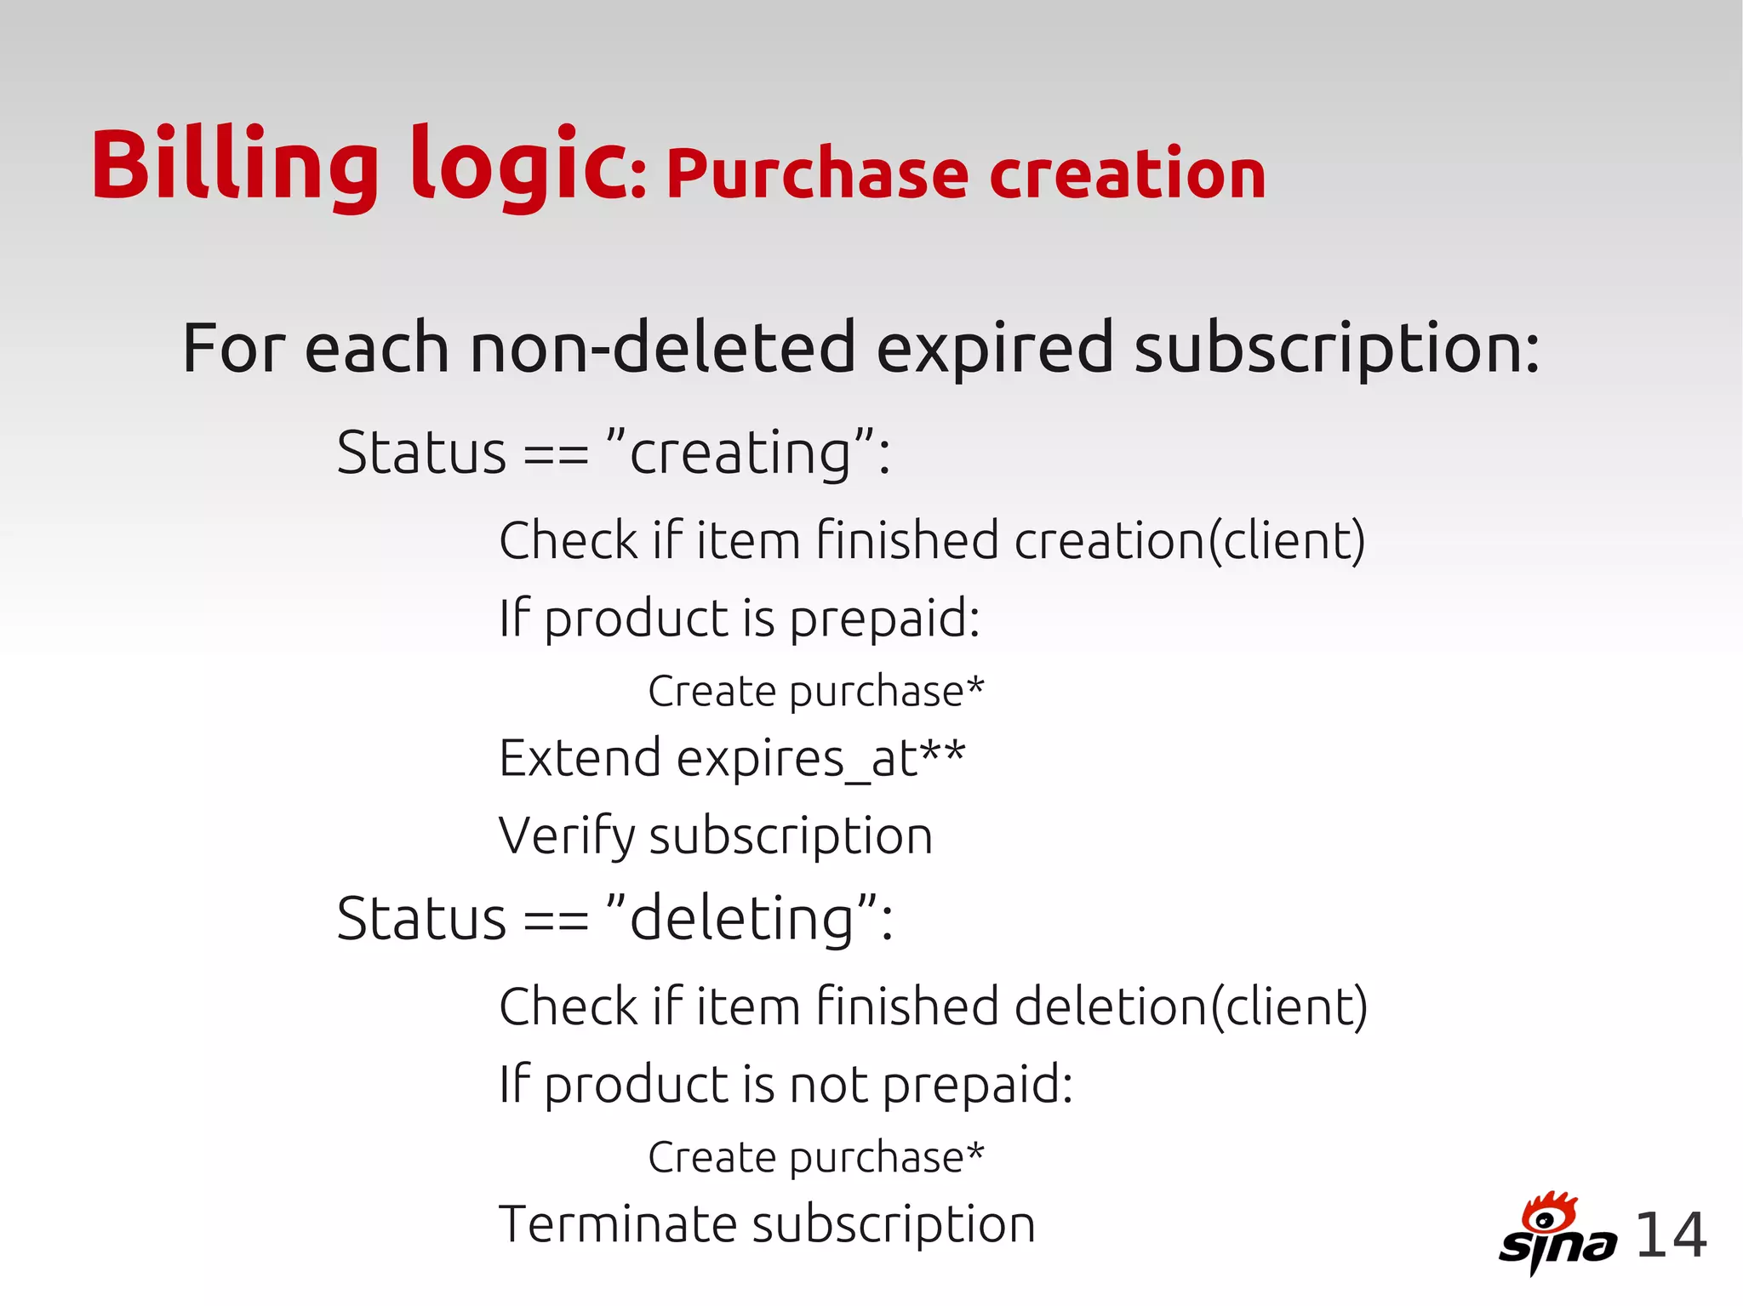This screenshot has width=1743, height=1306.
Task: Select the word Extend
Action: [x=580, y=758]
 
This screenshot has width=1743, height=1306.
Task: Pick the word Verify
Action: [x=566, y=836]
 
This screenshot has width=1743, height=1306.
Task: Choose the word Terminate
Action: [x=618, y=1224]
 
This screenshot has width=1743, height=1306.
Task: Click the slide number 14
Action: [x=1670, y=1235]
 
